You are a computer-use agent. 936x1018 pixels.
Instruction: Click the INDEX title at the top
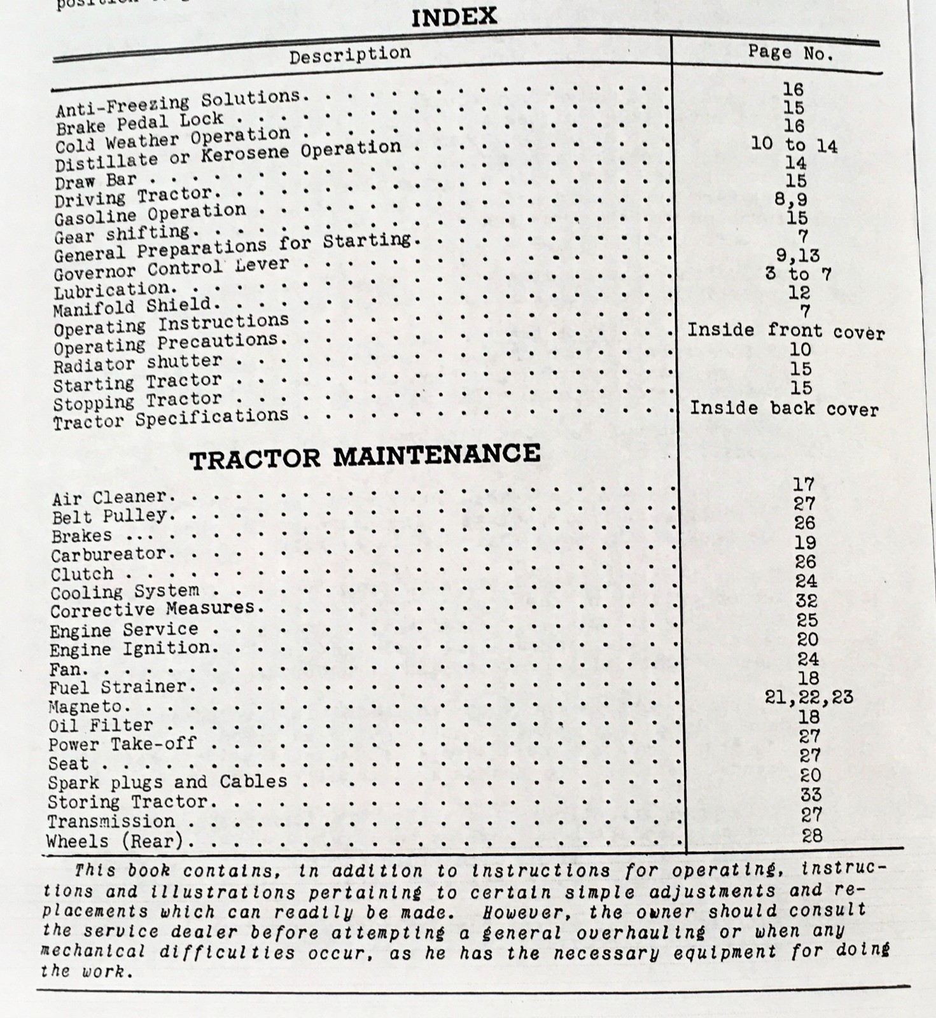point(454,17)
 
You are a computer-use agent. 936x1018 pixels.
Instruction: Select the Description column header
point(350,55)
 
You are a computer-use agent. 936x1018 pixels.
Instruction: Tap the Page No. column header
point(790,52)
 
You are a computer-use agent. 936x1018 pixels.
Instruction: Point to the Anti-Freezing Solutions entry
point(178,104)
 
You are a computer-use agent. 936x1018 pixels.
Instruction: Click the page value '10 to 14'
point(794,144)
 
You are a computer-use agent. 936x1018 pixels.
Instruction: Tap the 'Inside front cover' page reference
point(786,331)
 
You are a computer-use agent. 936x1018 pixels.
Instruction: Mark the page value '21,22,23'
point(808,697)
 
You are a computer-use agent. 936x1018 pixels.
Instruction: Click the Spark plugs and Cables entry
point(167,783)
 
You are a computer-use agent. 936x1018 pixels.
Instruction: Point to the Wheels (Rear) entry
point(115,841)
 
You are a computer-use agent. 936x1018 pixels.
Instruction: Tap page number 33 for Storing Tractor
point(811,795)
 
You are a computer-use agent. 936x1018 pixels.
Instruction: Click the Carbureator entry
point(108,554)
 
